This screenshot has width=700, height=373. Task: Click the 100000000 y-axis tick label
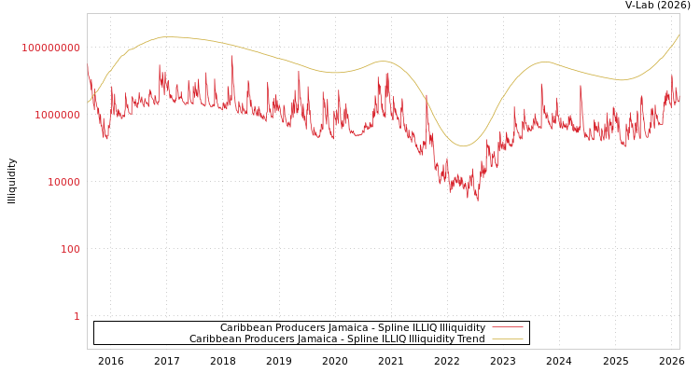coord(51,48)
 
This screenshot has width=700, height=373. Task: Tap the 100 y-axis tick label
coord(70,249)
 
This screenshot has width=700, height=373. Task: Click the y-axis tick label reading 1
coord(77,316)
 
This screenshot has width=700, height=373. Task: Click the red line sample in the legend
coord(507,328)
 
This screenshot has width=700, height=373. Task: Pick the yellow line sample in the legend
coord(507,339)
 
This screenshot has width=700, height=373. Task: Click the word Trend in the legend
coord(469,339)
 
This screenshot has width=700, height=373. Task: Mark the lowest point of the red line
coord(478,200)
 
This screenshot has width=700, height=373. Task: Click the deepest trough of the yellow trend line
coord(464,146)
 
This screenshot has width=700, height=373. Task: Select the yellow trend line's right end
coord(679,35)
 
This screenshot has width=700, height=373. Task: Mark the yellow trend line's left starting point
coord(88,103)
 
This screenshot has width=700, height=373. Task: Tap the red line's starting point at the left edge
coord(88,65)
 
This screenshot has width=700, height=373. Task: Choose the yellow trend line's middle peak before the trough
coord(383,62)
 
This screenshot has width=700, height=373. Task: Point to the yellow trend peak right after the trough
coord(546,62)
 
